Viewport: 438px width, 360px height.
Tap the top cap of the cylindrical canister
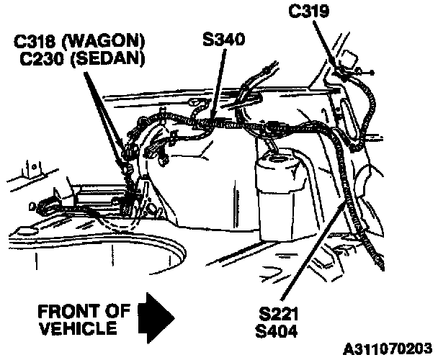pyautogui.click(x=280, y=158)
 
